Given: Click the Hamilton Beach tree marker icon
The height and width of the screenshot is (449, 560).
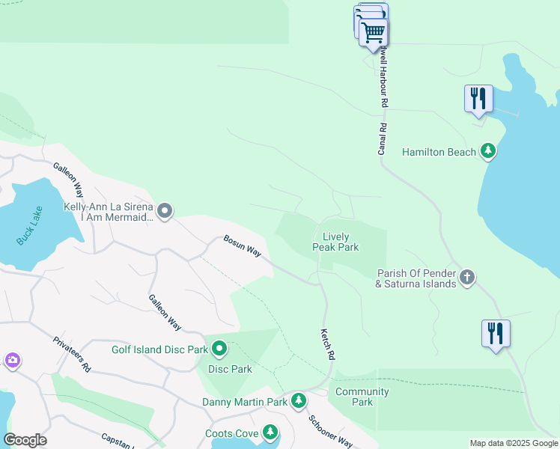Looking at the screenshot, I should (488, 152).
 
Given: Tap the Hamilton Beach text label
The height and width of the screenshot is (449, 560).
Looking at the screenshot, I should (439, 152).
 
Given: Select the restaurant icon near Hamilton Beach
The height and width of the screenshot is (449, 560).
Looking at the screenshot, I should (478, 99).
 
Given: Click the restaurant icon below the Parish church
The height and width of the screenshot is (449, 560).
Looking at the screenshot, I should (496, 333).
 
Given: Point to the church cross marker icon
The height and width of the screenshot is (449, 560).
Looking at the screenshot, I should (467, 278).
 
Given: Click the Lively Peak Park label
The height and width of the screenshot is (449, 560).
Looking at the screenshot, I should (335, 242).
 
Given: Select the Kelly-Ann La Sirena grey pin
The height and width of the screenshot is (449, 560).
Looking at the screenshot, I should (165, 212).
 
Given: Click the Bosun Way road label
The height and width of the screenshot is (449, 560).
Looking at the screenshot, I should (242, 248).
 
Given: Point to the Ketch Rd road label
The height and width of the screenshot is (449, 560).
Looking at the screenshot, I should (326, 345).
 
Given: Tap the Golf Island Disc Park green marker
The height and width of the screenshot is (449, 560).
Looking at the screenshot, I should (219, 349).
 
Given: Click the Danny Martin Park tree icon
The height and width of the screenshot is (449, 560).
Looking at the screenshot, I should (299, 402).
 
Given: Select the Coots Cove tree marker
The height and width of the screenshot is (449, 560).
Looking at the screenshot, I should (270, 433).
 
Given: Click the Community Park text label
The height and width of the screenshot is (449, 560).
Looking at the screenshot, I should (362, 397).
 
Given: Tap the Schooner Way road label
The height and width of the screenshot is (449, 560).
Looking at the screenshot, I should (331, 430).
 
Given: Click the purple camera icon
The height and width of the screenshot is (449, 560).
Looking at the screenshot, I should (12, 361).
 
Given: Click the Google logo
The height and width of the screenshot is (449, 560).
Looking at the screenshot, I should (25, 440).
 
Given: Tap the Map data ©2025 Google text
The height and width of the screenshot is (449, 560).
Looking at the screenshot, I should (513, 443).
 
